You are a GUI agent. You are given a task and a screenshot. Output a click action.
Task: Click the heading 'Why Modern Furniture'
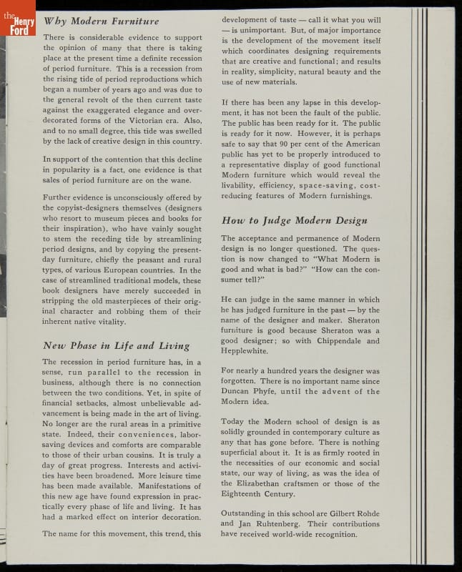tap(101, 21)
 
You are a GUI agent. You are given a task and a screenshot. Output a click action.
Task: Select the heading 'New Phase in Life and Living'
tap(116, 346)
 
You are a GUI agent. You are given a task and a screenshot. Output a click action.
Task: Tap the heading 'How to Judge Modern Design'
tap(294, 221)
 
